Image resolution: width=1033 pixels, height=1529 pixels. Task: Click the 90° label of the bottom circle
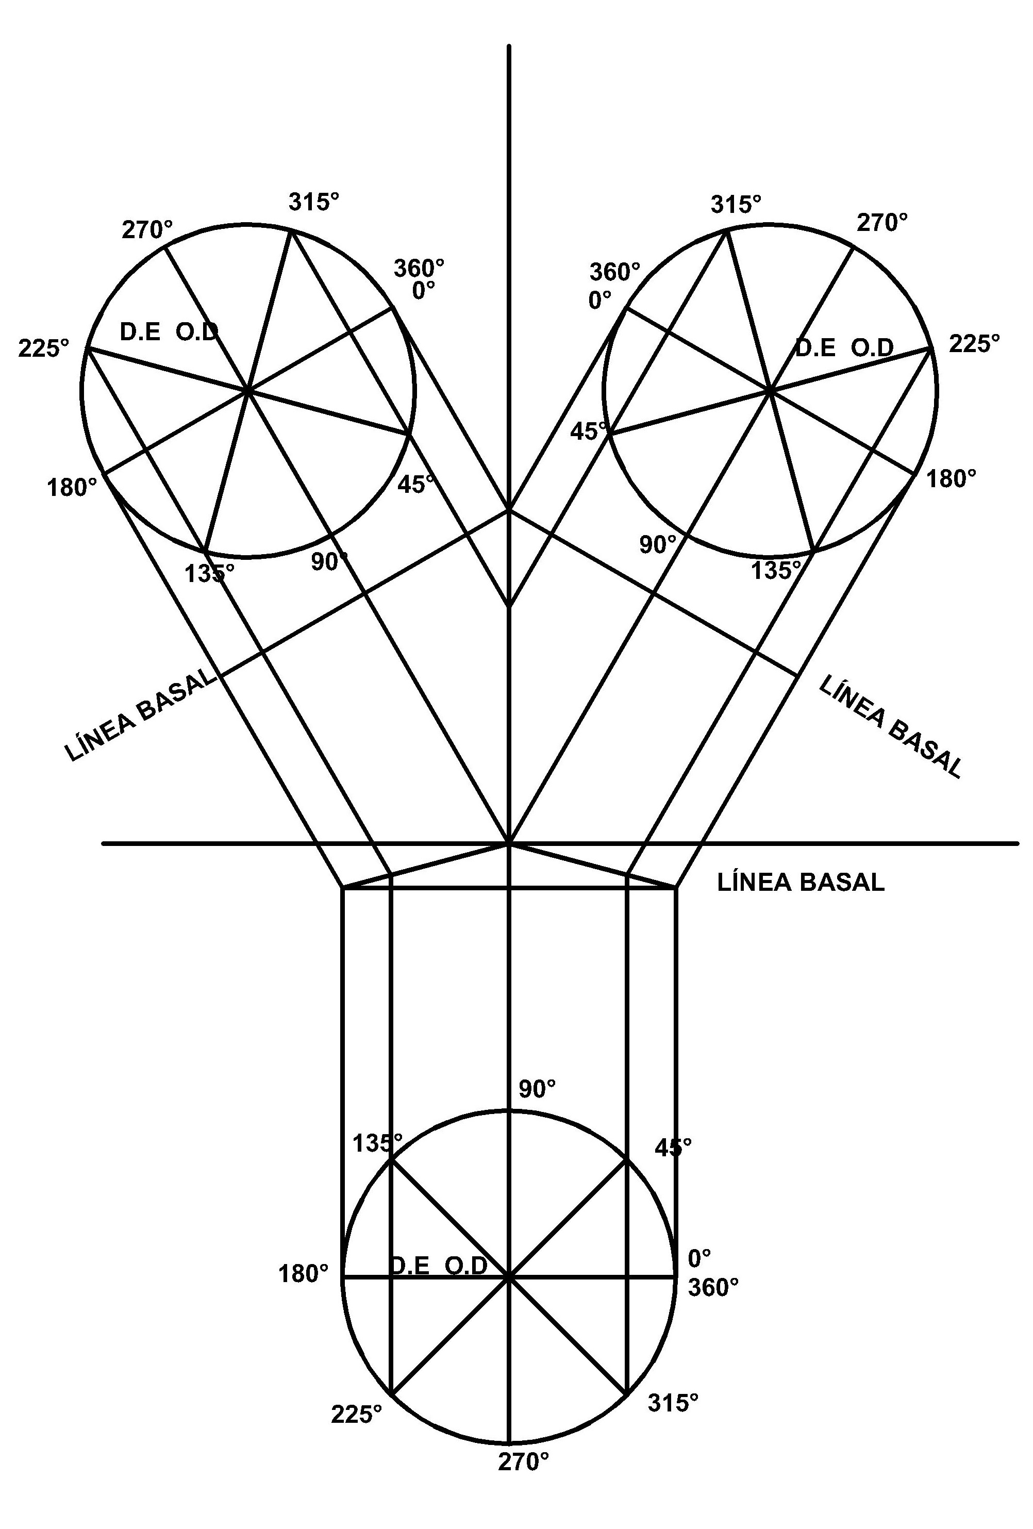537,1088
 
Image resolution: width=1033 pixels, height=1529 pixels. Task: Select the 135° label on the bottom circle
377,1143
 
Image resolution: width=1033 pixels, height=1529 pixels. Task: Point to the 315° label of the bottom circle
673,1403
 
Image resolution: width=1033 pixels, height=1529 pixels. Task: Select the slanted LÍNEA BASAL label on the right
890,727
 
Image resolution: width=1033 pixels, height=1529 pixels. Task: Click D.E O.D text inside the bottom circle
439,1265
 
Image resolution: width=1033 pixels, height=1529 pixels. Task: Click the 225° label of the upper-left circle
43,348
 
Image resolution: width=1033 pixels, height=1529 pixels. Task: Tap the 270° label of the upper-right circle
881,223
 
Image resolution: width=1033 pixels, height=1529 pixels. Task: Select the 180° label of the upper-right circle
951,478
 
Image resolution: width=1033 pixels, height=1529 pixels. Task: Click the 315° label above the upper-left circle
314,202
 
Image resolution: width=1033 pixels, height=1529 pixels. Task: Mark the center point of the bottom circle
509,1276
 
